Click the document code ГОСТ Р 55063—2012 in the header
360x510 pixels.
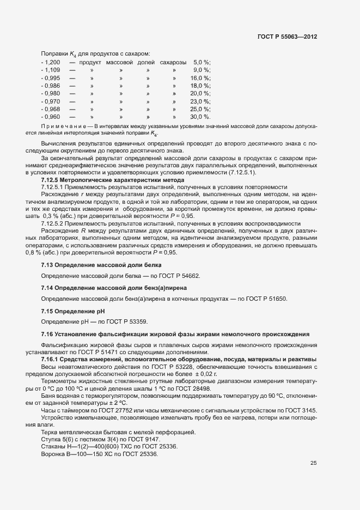pos(288,35)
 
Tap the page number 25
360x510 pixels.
pos(314,463)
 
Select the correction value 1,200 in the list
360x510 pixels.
pos(51,63)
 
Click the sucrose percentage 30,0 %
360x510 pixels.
pos(200,117)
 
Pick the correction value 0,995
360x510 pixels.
pos(51,78)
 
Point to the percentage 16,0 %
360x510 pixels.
pos(200,78)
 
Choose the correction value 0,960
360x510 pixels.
pos(51,117)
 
